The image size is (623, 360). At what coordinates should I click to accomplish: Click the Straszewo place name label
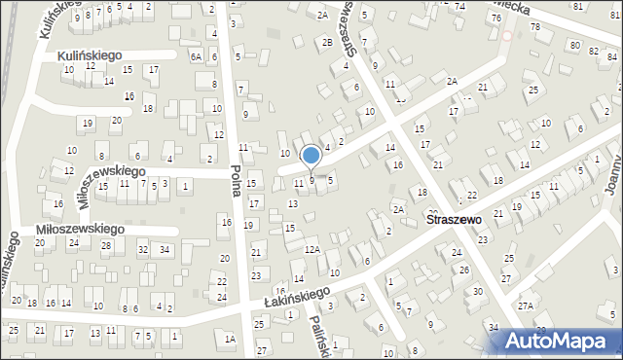tap(455, 221)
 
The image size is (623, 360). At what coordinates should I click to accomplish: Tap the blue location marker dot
tap(311, 155)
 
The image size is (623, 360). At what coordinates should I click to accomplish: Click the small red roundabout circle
tap(506, 35)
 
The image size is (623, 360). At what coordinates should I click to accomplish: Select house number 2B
tap(328, 42)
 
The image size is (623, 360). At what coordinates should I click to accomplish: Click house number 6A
tap(196, 57)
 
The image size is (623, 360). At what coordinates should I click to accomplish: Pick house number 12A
tap(311, 250)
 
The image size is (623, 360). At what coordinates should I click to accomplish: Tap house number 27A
tap(526, 306)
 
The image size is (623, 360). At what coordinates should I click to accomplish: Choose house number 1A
tap(230, 339)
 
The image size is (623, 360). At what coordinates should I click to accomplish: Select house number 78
tap(535, 26)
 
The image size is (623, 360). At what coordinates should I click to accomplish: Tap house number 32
tap(142, 250)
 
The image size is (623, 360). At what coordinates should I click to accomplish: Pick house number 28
tap(105, 245)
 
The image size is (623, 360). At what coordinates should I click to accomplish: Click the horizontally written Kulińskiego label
tap(90, 55)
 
